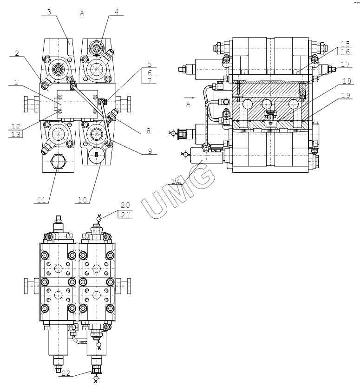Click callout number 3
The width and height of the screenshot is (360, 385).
click(49, 12)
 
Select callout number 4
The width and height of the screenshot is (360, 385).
click(119, 12)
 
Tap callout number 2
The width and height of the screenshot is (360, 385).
click(17, 53)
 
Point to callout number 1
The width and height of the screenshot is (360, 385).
click(15, 83)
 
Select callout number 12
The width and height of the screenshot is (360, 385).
click(15, 126)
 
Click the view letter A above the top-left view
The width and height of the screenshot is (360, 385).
click(82, 13)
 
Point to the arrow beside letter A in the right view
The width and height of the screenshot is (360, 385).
click(190, 98)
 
